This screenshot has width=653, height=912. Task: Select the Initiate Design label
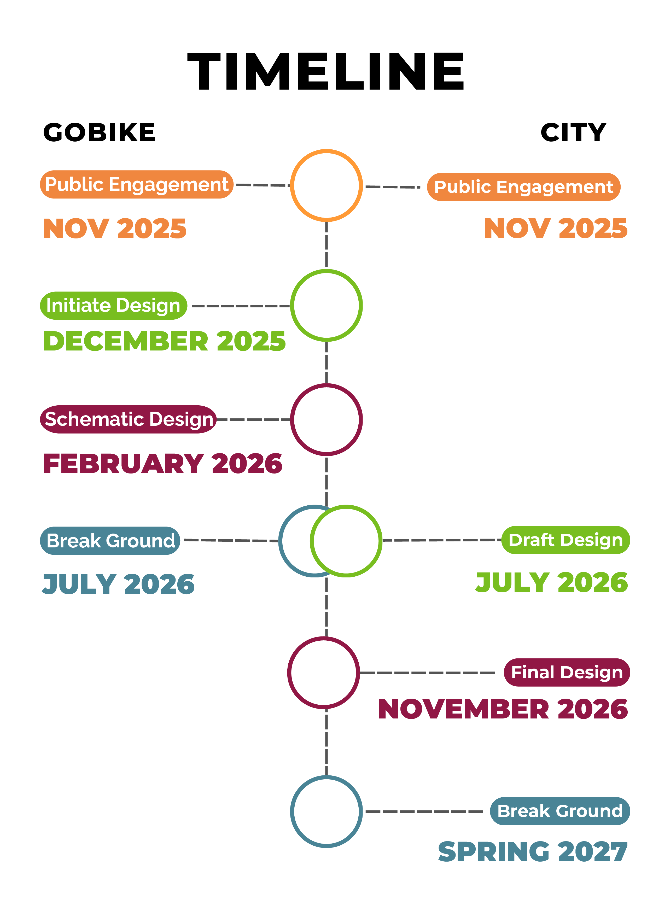tap(113, 306)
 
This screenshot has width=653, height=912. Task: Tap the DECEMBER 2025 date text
tap(164, 341)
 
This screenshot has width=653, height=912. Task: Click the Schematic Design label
tap(128, 419)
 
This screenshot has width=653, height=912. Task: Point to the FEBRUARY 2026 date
tap(162, 463)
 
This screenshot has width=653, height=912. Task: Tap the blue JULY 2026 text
tap(118, 584)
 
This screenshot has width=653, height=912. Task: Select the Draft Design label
tap(565, 540)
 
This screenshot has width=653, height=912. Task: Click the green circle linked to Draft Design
tap(346, 541)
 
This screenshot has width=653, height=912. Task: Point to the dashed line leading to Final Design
tap(427, 673)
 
